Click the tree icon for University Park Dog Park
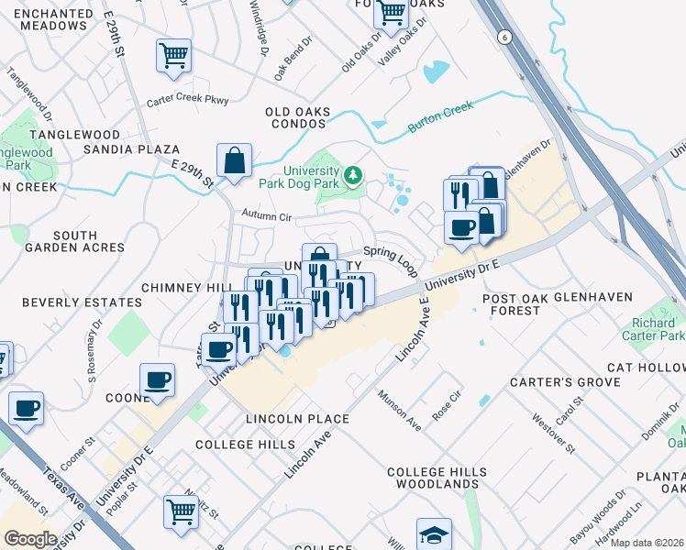pyautogui.click(x=352, y=173)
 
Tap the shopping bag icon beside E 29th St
pyautogui.click(x=235, y=159)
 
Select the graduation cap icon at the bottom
pyautogui.click(x=434, y=533)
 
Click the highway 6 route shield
pyautogui.click(x=503, y=37)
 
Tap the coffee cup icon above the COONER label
pyautogui.click(x=157, y=379)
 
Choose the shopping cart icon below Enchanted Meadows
pyautogui.click(x=173, y=55)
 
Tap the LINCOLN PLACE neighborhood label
pyautogui.click(x=297, y=419)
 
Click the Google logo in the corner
pyautogui.click(x=30, y=538)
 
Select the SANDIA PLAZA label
pyautogui.click(x=129, y=148)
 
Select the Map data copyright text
pyautogui.click(x=647, y=543)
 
